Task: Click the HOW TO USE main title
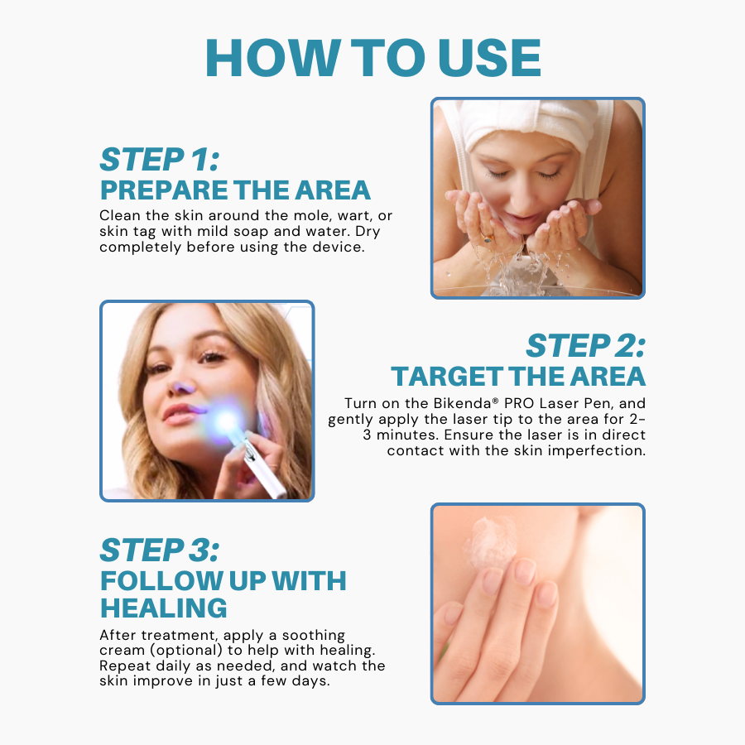coord(372,57)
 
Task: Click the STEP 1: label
coord(159,159)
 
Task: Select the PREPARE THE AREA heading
coord(235,190)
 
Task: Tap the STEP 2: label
coord(584,346)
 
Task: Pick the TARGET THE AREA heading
coord(518,377)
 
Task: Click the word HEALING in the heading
coord(164,608)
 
